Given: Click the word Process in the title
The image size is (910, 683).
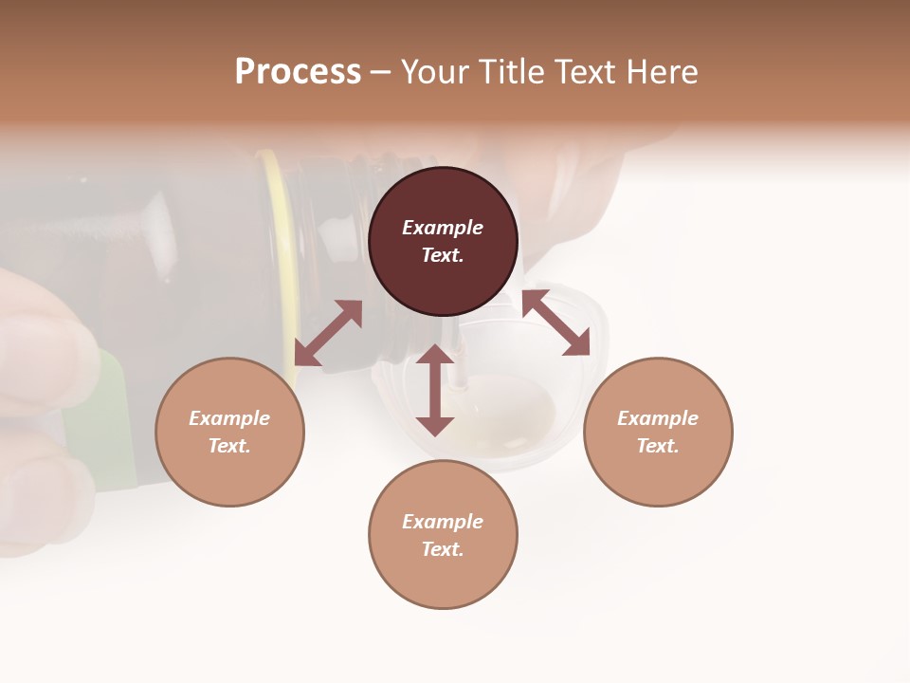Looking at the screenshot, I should pos(298,72).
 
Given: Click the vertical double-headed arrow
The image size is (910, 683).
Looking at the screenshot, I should pos(435,390).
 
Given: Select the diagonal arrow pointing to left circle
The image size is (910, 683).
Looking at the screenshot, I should pos(328,333).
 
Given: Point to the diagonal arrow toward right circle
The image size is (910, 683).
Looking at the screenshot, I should pos(555,323).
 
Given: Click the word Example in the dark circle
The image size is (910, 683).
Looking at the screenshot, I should pos(443,228).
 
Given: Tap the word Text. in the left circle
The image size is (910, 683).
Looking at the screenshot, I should pos(229,446).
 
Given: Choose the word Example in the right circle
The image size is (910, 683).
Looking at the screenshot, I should pos(658,418).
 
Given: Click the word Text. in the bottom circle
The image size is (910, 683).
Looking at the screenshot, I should pos(443,549).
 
